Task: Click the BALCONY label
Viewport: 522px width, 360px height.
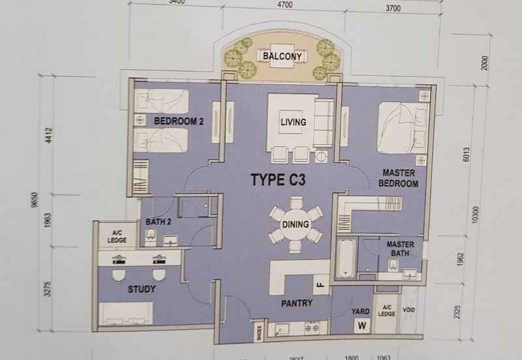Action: [282, 56]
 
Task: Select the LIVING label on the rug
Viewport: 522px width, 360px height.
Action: [293, 122]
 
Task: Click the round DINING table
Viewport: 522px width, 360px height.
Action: [296, 224]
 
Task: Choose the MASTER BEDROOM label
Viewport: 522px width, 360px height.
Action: [400, 178]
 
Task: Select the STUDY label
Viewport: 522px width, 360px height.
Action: [142, 289]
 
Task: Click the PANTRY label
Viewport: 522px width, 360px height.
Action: [297, 303]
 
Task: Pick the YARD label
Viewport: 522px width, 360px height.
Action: [361, 311]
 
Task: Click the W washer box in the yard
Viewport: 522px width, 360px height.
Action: [360, 327]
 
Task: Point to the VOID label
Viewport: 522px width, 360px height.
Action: [409, 311]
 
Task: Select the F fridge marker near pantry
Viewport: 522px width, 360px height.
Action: [320, 284]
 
